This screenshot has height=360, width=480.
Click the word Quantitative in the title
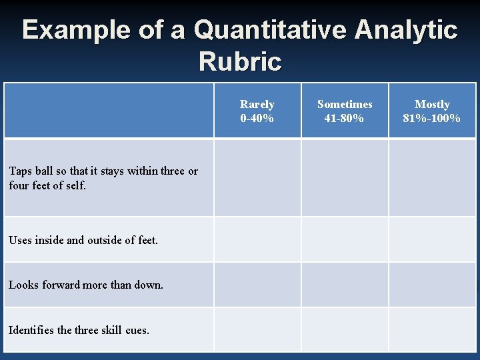click(x=271, y=31)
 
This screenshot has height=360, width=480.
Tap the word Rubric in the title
click(x=240, y=62)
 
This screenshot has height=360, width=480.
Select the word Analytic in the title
click(x=406, y=31)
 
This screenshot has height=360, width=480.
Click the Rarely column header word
click(x=257, y=104)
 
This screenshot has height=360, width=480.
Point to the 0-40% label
click(x=257, y=118)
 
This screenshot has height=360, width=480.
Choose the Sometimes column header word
click(x=345, y=104)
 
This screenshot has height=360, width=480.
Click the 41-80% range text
click(x=345, y=118)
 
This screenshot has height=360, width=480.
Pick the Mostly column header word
click(x=432, y=104)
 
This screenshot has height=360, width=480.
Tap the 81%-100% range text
click(x=432, y=118)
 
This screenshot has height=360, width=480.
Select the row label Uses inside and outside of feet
click(x=83, y=240)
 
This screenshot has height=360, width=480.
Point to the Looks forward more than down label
click(x=86, y=285)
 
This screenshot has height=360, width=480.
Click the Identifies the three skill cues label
click(x=79, y=329)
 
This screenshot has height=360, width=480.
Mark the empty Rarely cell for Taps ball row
click(x=257, y=177)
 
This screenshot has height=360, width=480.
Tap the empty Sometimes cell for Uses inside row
click(x=345, y=239)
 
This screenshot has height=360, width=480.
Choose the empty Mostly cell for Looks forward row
click(x=432, y=285)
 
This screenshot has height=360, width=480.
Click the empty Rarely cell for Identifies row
click(x=257, y=329)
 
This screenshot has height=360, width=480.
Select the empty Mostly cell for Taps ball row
click(x=432, y=177)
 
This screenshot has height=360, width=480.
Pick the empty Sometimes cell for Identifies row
click(x=345, y=329)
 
